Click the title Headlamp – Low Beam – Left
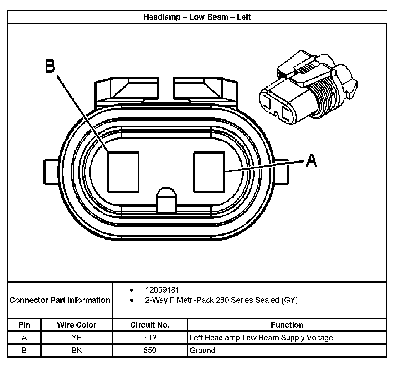[197, 17]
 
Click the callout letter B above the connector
[50, 66]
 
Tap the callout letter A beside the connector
[311, 160]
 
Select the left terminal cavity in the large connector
[123, 171]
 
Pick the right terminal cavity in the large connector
[209, 171]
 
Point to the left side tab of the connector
[51, 172]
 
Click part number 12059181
[162, 290]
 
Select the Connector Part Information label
[60, 300]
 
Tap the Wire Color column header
[76, 325]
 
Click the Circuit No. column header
[150, 325]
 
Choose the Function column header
[287, 325]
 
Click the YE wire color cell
[76, 337]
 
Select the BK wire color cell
[76, 350]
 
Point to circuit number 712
[150, 337]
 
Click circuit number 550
[150, 350]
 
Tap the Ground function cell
[202, 350]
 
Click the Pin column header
[24, 325]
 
